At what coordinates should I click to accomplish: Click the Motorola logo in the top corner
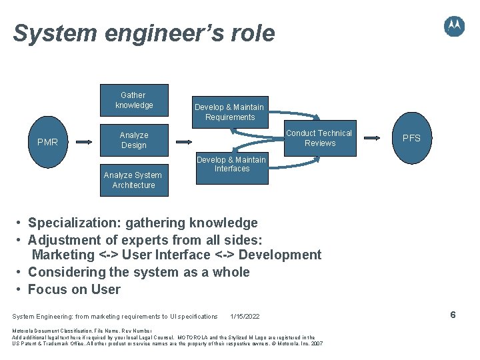coord(454,26)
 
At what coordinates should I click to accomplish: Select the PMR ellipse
coord(48,141)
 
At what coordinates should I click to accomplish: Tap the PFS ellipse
coord(411,139)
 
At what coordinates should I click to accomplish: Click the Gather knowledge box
coord(133,100)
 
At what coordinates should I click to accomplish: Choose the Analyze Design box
coord(133,140)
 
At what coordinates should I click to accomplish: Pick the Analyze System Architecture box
coord(133,180)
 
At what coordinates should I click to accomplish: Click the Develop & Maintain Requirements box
coord(229,111)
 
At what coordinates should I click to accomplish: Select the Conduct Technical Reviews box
coord(319,138)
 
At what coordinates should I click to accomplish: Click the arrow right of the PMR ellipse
coord(83,141)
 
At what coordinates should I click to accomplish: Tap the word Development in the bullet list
coord(280,255)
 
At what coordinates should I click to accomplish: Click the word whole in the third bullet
coord(230,272)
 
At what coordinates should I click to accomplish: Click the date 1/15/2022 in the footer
coord(245,316)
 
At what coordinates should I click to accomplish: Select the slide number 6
coord(453,315)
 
